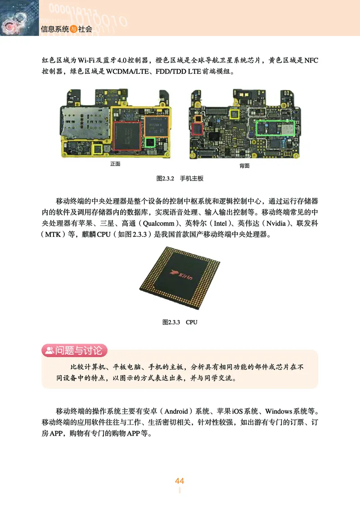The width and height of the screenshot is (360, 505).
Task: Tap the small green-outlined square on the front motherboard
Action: (150, 143)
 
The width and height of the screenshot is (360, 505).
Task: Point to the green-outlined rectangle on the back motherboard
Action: (275, 127)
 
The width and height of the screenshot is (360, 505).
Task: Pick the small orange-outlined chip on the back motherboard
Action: (197, 117)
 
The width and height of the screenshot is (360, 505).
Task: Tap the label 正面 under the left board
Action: (115, 164)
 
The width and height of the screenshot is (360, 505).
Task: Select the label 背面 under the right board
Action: (245, 166)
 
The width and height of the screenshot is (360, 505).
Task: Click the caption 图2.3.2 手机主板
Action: (180, 179)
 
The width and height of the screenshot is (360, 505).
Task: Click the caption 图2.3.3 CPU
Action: (180, 322)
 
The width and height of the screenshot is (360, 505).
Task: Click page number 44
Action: (180, 481)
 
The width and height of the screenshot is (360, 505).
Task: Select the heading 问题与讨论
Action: (79, 350)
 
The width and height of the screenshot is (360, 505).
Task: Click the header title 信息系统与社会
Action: (66, 30)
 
